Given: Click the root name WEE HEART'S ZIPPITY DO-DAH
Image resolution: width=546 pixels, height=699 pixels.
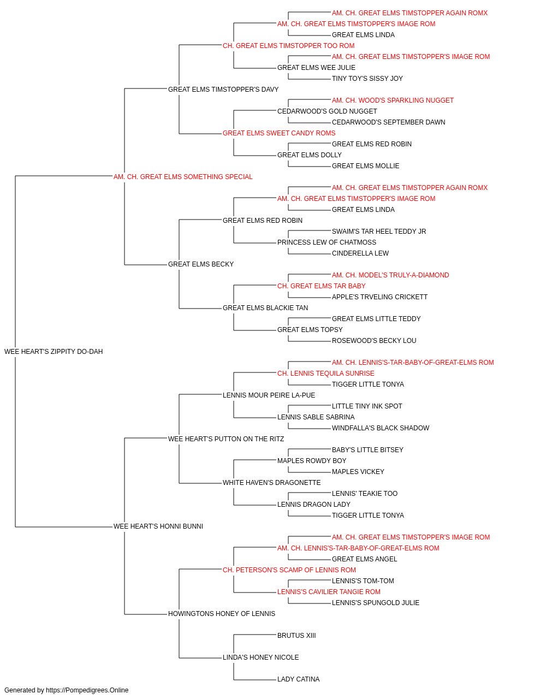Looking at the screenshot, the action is click(x=54, y=351).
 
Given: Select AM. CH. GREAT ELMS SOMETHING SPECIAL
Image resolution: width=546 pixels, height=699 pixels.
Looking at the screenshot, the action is click(x=183, y=176).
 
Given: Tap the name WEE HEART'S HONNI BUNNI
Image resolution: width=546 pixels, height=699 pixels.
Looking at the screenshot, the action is click(x=158, y=526).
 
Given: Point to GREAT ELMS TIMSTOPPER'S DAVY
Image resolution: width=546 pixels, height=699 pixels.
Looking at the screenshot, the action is click(x=223, y=89).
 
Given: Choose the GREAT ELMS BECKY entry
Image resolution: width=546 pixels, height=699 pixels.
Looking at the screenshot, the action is click(x=200, y=264).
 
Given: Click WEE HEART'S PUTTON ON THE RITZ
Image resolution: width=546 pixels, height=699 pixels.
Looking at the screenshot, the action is click(x=225, y=439).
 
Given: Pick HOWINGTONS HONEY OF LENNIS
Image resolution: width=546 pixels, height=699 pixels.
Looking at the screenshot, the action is click(x=222, y=613).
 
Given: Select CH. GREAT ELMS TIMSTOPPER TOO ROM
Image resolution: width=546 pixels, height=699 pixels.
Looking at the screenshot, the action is click(x=288, y=46).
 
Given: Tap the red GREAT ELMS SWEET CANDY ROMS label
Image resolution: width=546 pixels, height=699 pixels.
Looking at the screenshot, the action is click(x=279, y=133).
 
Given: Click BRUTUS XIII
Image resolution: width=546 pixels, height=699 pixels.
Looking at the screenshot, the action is click(x=296, y=635).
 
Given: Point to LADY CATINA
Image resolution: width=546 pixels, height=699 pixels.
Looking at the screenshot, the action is click(x=299, y=679).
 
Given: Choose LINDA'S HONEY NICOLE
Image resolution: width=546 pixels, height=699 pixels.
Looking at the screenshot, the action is click(x=261, y=657).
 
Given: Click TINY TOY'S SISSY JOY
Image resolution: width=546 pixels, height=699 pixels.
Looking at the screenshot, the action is click(x=367, y=78).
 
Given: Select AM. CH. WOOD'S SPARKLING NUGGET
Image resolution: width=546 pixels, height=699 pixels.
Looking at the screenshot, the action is click(x=393, y=100).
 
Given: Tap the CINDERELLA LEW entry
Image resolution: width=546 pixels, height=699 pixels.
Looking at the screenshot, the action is click(x=360, y=253).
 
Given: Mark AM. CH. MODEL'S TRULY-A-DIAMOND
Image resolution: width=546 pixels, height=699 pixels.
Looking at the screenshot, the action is click(x=390, y=275).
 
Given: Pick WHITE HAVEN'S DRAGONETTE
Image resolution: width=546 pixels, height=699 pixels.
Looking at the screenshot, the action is click(x=271, y=483).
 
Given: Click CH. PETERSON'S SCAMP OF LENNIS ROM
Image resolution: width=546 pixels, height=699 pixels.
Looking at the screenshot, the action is click(x=289, y=570).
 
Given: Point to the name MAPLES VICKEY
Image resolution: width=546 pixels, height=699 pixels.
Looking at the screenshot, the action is click(x=358, y=472).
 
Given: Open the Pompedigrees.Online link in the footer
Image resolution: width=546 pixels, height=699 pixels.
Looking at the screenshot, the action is click(x=87, y=690).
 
